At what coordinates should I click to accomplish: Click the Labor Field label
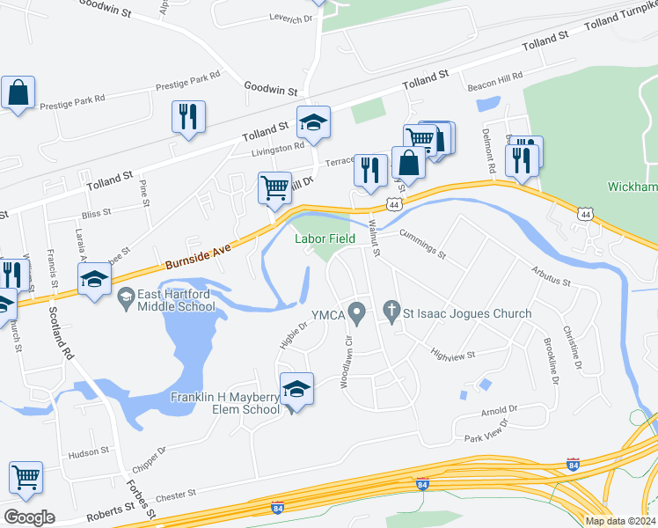click(x=325, y=238)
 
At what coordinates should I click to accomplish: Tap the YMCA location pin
click(x=356, y=312)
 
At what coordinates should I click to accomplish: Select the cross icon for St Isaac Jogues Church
click(x=391, y=312)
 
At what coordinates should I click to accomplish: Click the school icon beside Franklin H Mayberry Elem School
click(x=297, y=388)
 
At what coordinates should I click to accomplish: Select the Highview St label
click(x=452, y=355)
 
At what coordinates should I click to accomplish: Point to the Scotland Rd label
click(x=61, y=331)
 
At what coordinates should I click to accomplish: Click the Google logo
click(x=28, y=517)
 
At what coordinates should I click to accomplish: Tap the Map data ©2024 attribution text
click(x=619, y=521)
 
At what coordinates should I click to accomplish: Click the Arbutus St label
click(x=551, y=276)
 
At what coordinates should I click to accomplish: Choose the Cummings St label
click(x=423, y=246)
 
